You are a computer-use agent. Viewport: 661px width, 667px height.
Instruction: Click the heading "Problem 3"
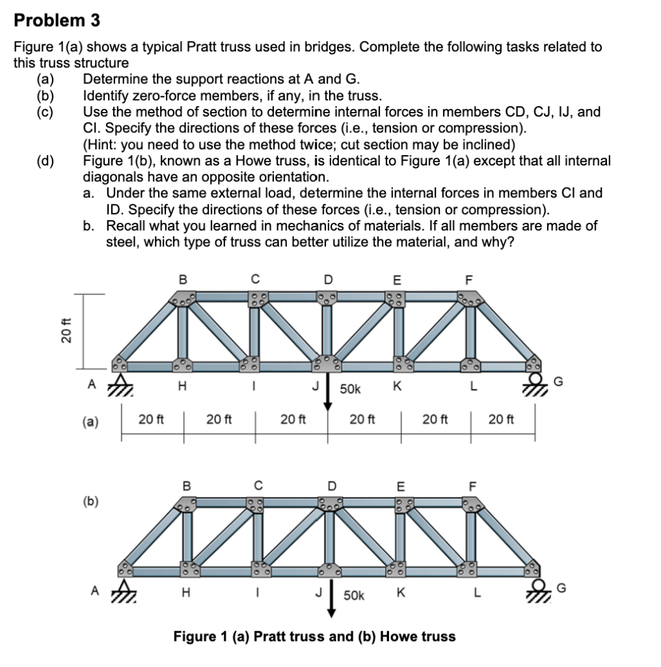57,20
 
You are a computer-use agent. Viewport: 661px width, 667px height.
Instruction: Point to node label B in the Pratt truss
182,279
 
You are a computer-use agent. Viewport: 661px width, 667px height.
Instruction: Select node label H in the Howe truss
185,593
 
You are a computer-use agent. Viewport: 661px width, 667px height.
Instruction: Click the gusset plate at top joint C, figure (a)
256,299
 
